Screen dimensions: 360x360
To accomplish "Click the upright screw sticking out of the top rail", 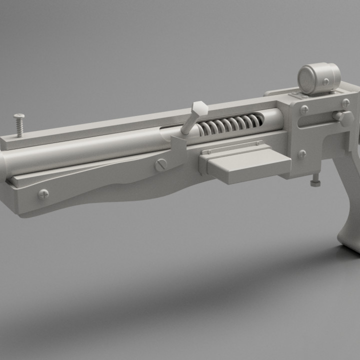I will pos(19,124).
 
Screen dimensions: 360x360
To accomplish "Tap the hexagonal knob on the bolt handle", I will pos(198,108).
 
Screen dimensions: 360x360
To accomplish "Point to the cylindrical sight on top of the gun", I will pos(319,77).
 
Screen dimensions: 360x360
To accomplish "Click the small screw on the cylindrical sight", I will pos(326,81).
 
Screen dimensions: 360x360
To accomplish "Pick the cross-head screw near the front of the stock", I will pos(43,193).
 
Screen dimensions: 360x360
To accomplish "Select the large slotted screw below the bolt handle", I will pos(161,164).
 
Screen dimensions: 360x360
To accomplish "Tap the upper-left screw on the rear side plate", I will pos(304,109).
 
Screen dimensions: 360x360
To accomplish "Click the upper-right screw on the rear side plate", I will pos(345,103).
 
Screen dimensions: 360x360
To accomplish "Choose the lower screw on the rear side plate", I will pos(302,154).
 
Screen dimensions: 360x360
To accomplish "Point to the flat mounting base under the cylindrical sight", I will pos(300,93).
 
